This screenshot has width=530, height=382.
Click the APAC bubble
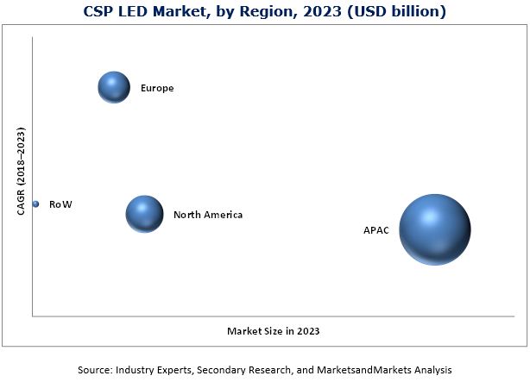tap(434, 229)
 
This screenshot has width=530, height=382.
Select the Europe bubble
tap(113, 87)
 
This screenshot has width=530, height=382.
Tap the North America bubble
tap(144, 214)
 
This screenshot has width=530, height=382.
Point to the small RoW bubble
tap(35, 204)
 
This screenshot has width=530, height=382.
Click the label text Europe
tap(157, 88)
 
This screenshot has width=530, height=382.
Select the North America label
tap(207, 215)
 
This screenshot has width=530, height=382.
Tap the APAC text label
tap(376, 231)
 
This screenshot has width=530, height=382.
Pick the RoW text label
tap(60, 204)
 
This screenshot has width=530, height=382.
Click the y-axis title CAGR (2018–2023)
tap(22, 172)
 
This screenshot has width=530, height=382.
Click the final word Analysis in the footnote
tap(431, 369)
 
